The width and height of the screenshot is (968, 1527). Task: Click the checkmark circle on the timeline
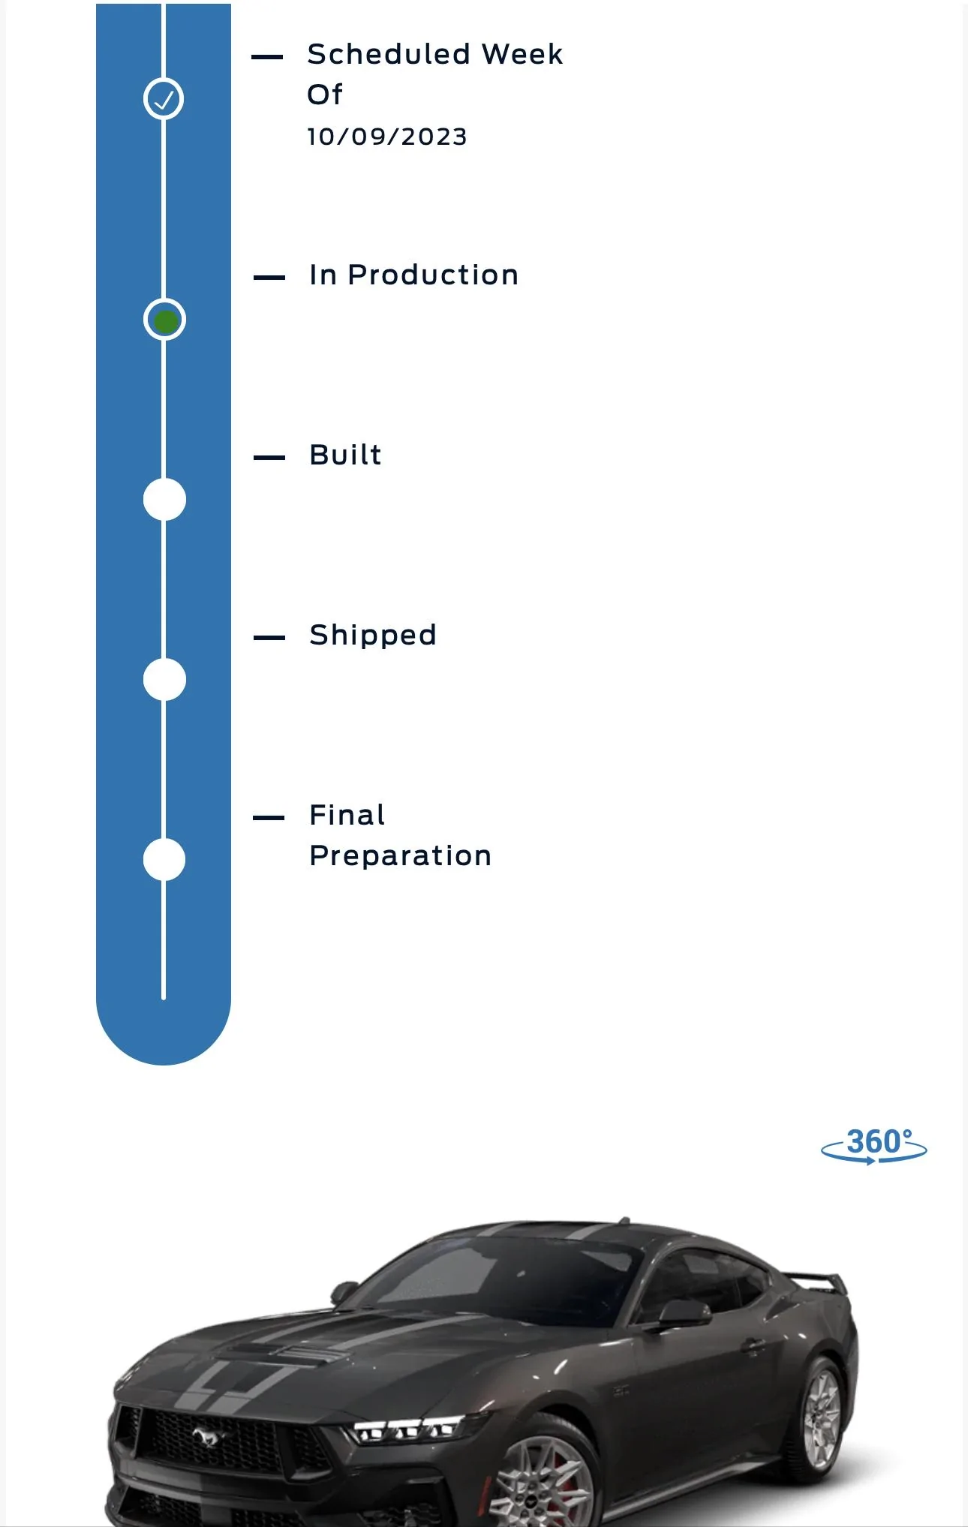tap(164, 98)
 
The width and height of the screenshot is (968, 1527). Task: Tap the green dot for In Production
tap(165, 321)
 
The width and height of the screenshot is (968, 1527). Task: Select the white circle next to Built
tap(164, 499)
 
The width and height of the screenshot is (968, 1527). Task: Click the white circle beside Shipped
tap(164, 679)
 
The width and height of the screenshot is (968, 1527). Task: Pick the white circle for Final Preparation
tap(164, 859)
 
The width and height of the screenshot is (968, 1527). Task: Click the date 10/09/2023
tap(387, 137)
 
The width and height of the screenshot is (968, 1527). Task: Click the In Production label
tap(413, 275)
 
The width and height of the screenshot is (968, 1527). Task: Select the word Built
tap(345, 455)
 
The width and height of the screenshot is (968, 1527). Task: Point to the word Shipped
tap(373, 636)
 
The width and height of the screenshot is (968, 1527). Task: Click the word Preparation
tap(401, 856)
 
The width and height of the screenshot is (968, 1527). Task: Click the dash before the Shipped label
tap(269, 638)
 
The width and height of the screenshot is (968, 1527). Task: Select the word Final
tap(347, 815)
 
